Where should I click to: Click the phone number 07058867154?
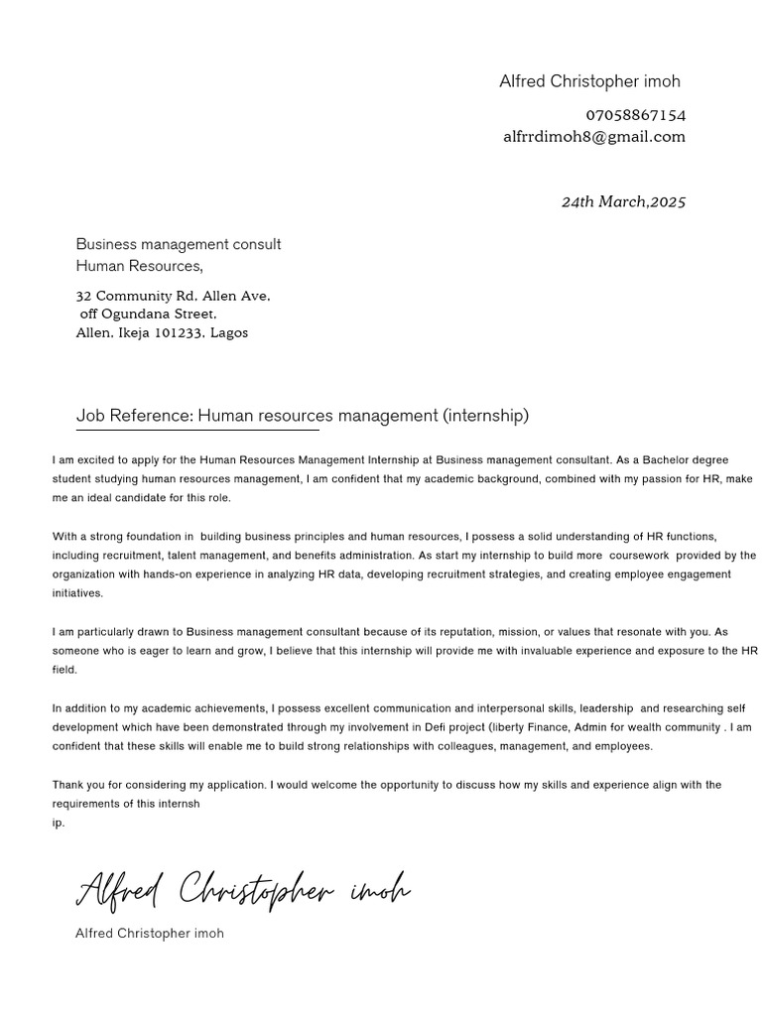click(635, 115)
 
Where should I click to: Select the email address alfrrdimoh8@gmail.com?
click(593, 137)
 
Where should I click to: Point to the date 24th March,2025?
click(623, 201)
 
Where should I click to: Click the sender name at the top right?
click(589, 81)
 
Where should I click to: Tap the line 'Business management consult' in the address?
click(179, 244)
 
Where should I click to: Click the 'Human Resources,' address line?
click(140, 266)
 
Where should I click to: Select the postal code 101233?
click(178, 333)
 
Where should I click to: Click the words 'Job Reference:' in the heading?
click(134, 416)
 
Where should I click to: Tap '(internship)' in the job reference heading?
click(486, 416)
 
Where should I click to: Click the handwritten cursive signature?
click(243, 890)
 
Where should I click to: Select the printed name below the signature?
click(150, 934)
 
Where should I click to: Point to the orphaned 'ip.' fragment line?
click(59, 824)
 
